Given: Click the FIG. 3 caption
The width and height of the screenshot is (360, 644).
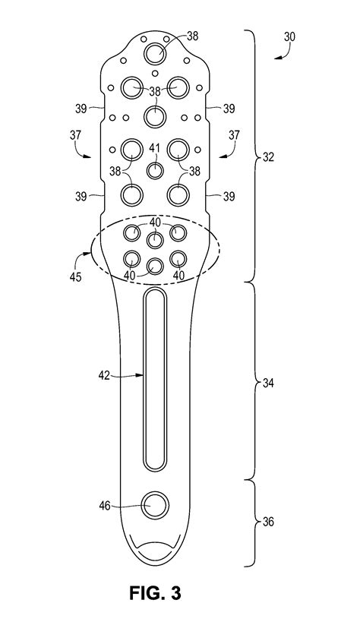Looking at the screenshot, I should tap(155, 592).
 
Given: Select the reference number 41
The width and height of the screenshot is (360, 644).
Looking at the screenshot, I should tap(155, 148).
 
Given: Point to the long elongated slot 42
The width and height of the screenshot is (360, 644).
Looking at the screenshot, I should tap(155, 380).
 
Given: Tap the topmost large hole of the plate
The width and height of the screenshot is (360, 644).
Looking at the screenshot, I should tap(156, 53).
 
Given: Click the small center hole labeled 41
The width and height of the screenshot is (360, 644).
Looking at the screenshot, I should tap(155, 169).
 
